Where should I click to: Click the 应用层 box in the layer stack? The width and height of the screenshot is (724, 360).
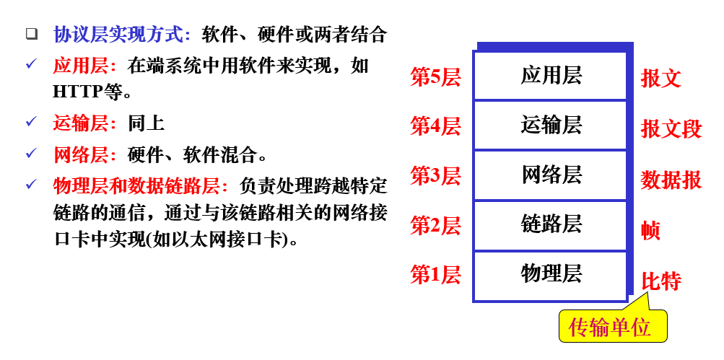pyautogui.click(x=550, y=76)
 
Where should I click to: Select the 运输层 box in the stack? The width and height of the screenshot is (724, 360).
pyautogui.click(x=550, y=126)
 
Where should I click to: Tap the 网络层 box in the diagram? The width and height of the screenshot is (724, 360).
pyautogui.click(x=550, y=175)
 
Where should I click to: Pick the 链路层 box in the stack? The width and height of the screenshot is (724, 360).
pyautogui.click(x=550, y=225)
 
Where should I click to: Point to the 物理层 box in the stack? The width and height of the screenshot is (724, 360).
pyautogui.click(x=550, y=275)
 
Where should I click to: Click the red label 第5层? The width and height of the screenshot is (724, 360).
pyautogui.click(x=435, y=78)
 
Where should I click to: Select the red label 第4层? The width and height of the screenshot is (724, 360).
pyautogui.click(x=435, y=127)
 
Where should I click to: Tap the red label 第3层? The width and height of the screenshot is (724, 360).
pyautogui.click(x=435, y=176)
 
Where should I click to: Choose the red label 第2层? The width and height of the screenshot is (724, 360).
pyautogui.click(x=435, y=226)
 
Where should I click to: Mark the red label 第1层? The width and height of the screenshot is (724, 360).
pyautogui.click(x=435, y=275)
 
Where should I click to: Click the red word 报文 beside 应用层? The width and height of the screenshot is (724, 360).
pyautogui.click(x=661, y=79)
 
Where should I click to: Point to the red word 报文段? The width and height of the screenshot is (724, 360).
pyautogui.click(x=671, y=129)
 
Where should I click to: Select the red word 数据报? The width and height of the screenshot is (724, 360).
pyautogui.click(x=671, y=180)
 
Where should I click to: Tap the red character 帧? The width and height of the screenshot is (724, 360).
pyautogui.click(x=650, y=231)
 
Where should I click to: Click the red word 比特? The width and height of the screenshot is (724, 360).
pyautogui.click(x=661, y=281)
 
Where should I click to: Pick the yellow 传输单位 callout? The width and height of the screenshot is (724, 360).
pyautogui.click(x=610, y=328)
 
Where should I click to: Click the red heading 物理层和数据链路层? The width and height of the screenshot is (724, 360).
pyautogui.click(x=136, y=186)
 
